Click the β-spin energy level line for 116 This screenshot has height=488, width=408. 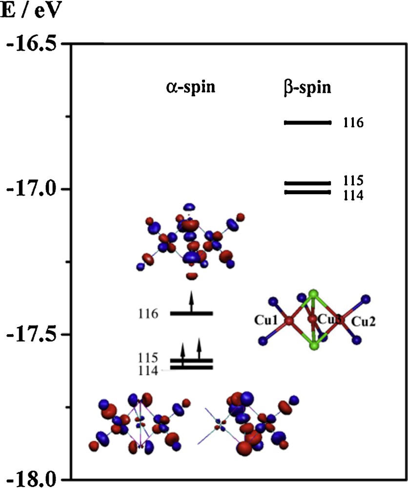(x=307, y=123)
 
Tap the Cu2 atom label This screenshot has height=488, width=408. (x=364, y=322)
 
